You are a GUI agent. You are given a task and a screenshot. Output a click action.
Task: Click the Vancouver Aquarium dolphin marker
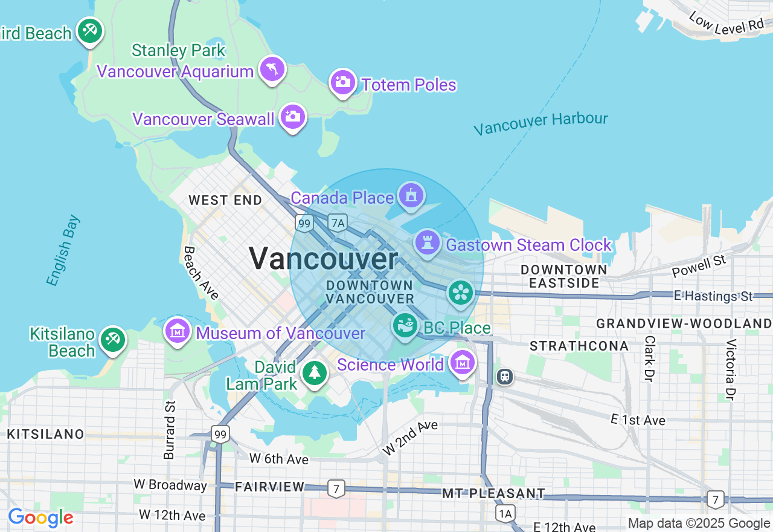click(x=272, y=70)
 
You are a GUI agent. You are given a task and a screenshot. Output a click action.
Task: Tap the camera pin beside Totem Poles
click(x=342, y=82)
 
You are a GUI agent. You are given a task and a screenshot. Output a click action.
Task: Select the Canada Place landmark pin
click(x=411, y=196)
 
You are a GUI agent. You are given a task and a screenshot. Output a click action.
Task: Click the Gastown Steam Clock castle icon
click(x=428, y=243)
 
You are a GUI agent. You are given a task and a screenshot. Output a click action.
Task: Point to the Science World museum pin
click(x=463, y=363)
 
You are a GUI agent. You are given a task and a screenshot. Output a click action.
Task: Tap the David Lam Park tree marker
click(x=314, y=372)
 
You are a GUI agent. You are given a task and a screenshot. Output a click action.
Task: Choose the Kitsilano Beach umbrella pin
click(x=112, y=340)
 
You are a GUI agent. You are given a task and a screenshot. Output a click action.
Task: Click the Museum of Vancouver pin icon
click(x=178, y=331)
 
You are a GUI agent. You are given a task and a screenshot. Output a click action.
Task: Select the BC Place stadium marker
click(x=405, y=326)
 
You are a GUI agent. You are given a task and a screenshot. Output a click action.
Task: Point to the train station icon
click(x=504, y=377)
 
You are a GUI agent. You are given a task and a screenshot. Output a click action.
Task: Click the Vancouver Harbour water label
click(x=540, y=123)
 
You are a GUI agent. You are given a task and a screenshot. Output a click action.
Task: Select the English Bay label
click(x=63, y=250)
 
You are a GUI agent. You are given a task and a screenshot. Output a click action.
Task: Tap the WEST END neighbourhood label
click(x=225, y=200)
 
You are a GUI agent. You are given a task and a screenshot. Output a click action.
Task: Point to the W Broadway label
click(x=170, y=485)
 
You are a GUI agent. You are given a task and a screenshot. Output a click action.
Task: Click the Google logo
click(x=40, y=518)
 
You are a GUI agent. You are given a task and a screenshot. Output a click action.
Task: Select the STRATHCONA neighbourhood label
click(x=579, y=346)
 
